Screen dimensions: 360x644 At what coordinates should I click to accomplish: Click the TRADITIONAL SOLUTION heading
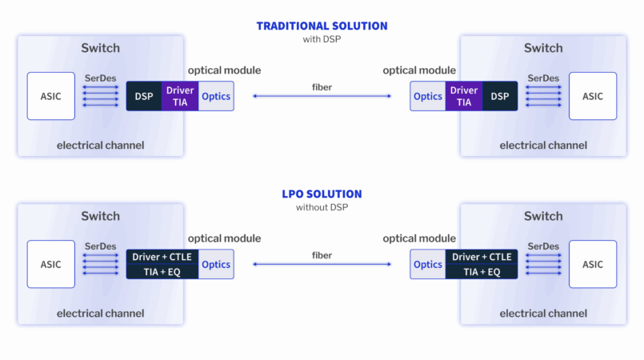pyautogui.click(x=322, y=26)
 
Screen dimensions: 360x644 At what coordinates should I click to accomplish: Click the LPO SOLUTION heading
pyautogui.click(x=322, y=194)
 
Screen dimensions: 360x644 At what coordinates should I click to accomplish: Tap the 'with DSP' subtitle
pyautogui.click(x=322, y=38)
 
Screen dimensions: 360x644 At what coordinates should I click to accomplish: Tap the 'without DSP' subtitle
pyautogui.click(x=322, y=207)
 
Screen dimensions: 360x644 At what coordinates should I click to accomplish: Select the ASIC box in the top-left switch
pyautogui.click(x=51, y=96)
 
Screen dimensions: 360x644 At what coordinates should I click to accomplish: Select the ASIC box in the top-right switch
pyautogui.click(x=592, y=96)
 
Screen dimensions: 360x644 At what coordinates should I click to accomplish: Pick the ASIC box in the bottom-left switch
pyautogui.click(x=51, y=264)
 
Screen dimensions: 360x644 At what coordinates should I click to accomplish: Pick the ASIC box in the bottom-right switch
pyautogui.click(x=592, y=264)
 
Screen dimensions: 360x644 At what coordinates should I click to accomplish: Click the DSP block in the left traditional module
pyautogui.click(x=144, y=96)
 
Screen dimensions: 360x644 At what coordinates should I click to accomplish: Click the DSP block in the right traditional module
pyautogui.click(x=500, y=96)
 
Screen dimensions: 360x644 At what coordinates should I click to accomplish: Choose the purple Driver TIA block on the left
pyautogui.click(x=180, y=96)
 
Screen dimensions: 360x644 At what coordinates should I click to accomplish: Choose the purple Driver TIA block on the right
pyautogui.click(x=464, y=96)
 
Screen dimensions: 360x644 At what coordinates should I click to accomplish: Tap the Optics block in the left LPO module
pyautogui.click(x=216, y=264)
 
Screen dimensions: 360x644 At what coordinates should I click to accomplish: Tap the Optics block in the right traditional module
pyautogui.click(x=428, y=96)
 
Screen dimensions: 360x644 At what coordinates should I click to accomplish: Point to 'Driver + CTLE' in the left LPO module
pyautogui.click(x=162, y=257)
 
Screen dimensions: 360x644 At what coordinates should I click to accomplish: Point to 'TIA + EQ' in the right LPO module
pyautogui.click(x=482, y=272)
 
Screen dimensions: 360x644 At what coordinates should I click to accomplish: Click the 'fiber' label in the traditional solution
pyautogui.click(x=322, y=86)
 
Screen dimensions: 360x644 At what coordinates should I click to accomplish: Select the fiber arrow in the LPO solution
pyautogui.click(x=322, y=265)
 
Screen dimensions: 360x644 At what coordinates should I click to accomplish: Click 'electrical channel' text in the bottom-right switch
pyautogui.click(x=543, y=313)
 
